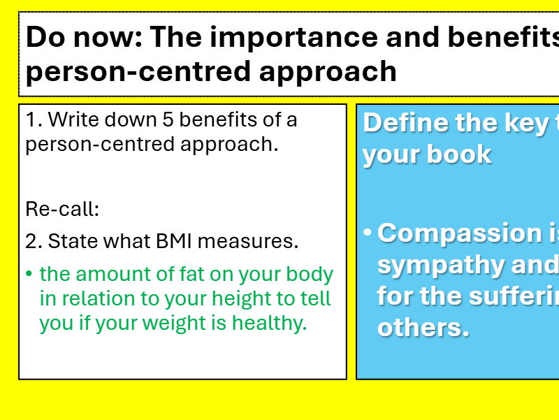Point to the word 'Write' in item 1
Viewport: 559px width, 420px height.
point(73,120)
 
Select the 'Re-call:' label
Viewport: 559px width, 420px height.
point(63,208)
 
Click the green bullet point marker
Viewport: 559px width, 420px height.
point(29,274)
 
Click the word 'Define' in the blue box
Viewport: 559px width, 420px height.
point(406,123)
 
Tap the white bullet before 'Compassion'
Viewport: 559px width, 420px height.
point(368,231)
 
